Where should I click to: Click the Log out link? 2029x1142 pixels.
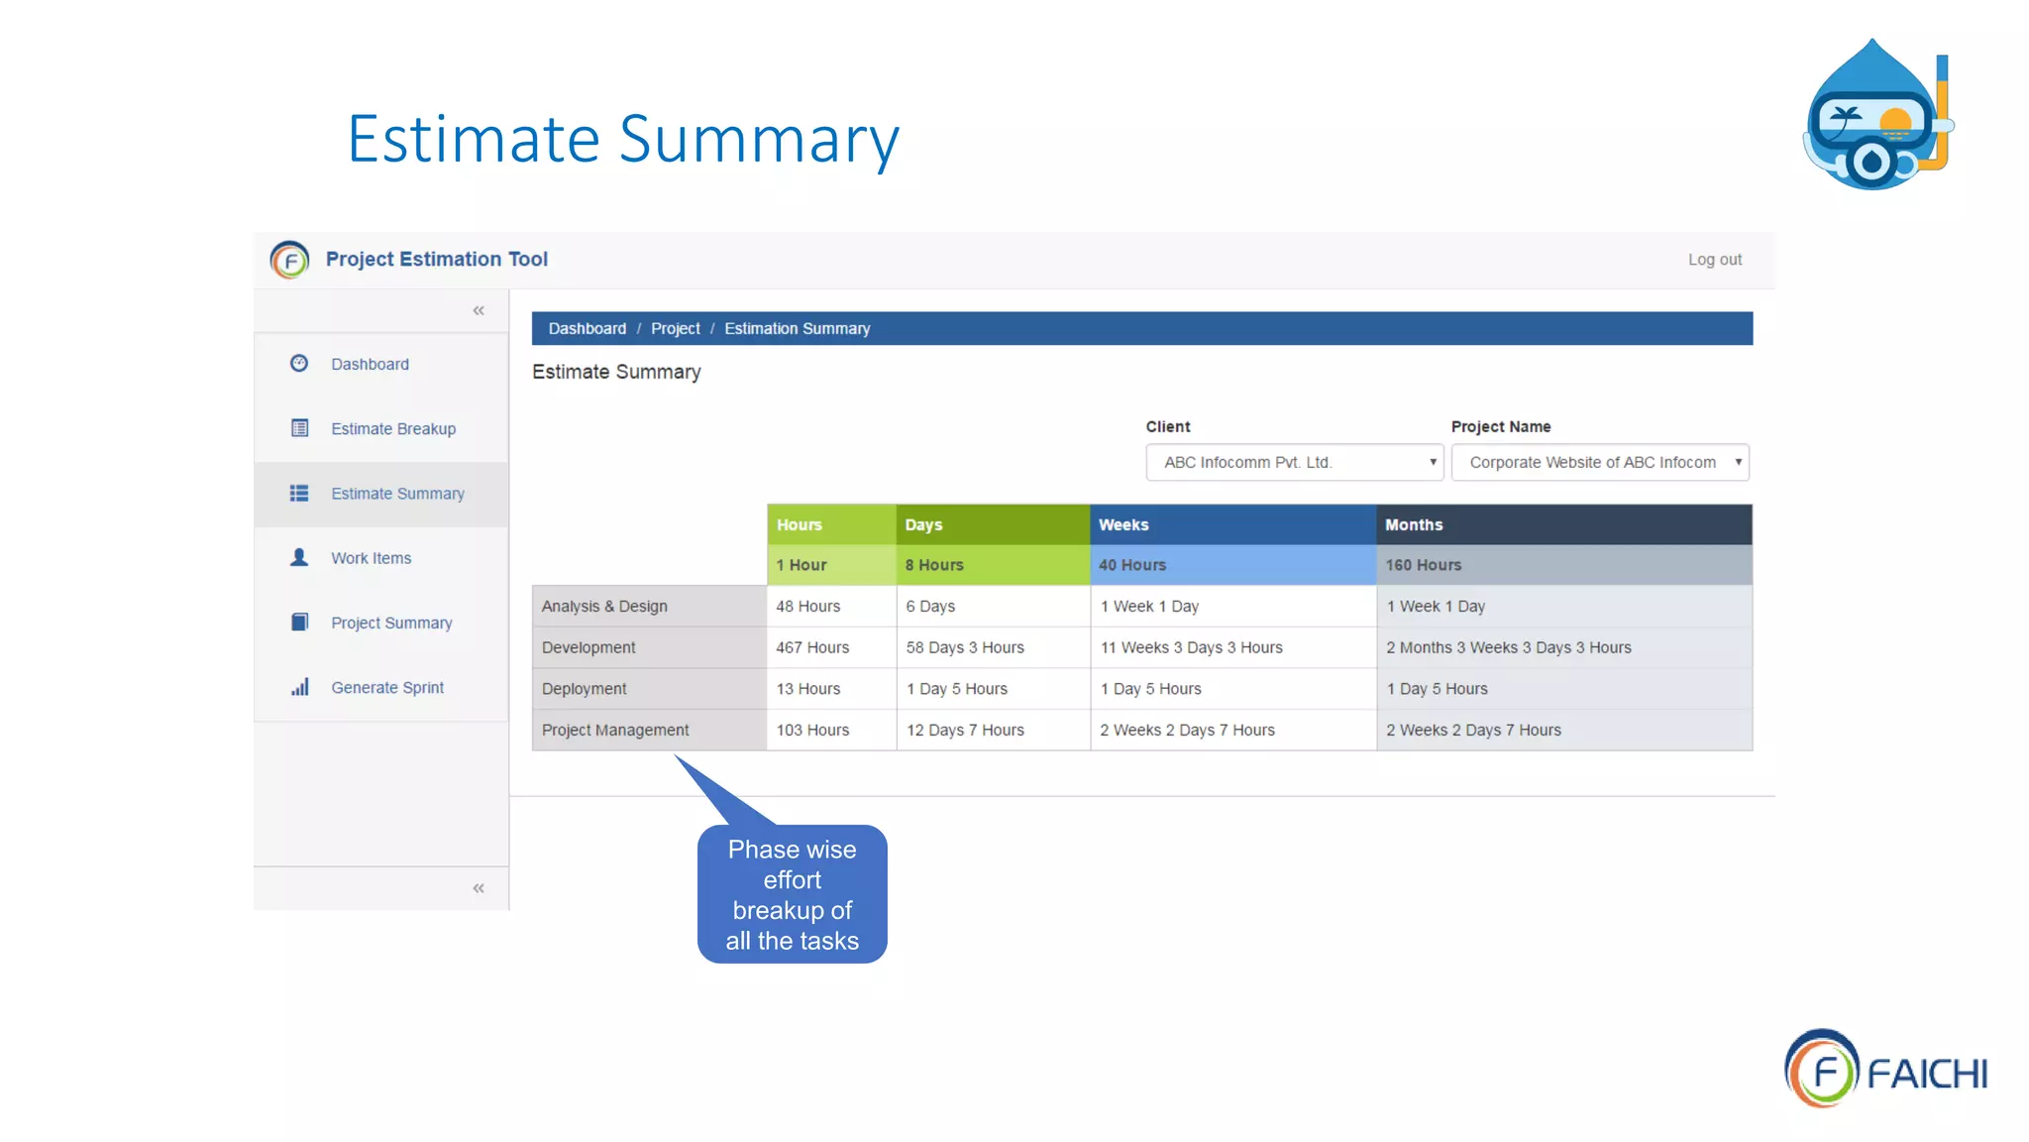coord(1714,260)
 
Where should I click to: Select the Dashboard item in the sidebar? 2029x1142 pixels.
coord(370,365)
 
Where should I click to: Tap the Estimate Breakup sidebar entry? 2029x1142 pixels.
coord(392,429)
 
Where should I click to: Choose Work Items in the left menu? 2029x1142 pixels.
coord(371,558)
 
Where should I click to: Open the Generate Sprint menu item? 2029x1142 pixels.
coord(386,688)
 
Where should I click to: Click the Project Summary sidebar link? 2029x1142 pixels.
coord(390,623)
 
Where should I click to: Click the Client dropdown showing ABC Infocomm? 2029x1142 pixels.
coord(1294,463)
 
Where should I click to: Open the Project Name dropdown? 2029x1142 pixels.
coord(1599,463)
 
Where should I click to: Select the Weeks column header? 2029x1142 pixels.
coord(1231,524)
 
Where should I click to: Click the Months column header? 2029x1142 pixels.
coord(1562,524)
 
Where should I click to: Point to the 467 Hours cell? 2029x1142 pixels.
coord(812,647)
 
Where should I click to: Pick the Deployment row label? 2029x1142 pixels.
coord(585,689)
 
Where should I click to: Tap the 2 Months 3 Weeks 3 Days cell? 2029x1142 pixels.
coord(1508,647)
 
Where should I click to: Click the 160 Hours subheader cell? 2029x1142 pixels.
coord(1562,565)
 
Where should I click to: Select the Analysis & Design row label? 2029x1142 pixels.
coord(604,607)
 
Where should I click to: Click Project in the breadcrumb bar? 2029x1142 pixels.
coord(675,329)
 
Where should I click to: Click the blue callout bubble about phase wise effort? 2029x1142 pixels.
coord(792,894)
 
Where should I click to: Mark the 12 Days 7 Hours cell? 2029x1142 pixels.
coord(965,731)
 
